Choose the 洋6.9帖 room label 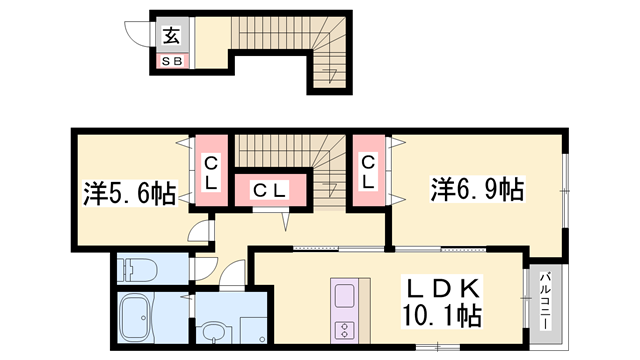pos(477,188)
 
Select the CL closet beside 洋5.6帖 pos(212,172)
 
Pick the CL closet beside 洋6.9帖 pos(369,172)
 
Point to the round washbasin pos(212,331)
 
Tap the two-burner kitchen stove pos(345,331)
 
